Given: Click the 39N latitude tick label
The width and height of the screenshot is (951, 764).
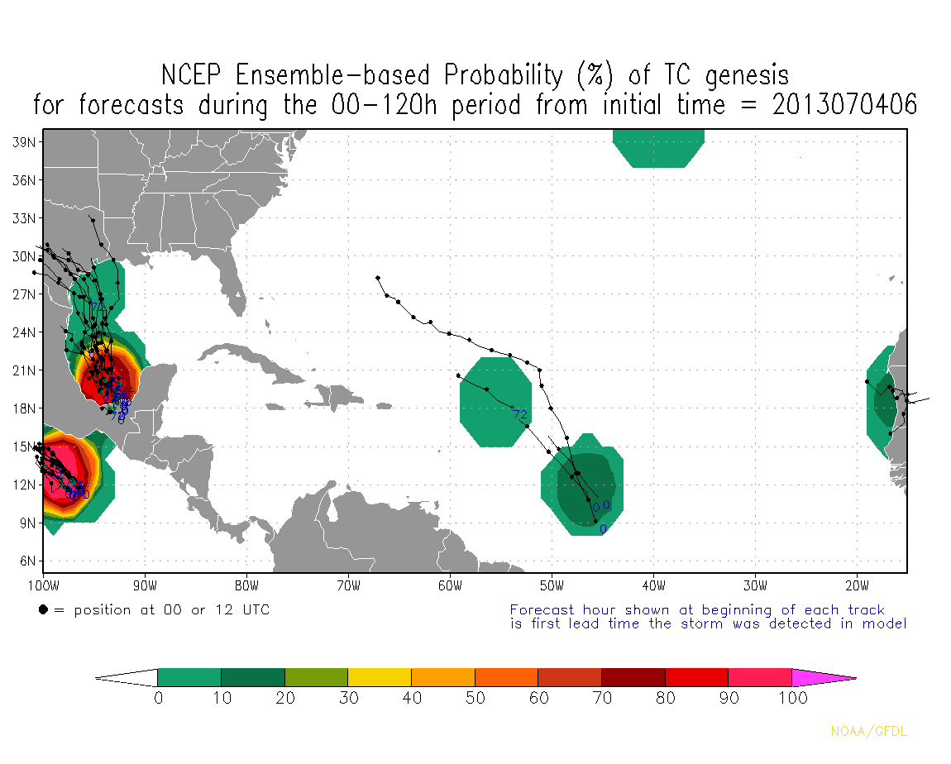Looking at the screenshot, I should coord(23,142).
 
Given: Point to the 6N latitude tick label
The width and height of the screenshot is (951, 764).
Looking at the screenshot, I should coord(26,561).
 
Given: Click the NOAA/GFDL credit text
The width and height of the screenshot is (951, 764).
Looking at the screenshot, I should coord(868,732).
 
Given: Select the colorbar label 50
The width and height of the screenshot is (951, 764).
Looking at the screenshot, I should coord(475,698).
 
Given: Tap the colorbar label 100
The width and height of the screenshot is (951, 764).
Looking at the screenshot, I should coord(791,698).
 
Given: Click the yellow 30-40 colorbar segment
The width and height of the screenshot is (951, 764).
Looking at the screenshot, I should coord(380,677).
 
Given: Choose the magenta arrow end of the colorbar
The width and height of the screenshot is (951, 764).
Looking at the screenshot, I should coord(823,677).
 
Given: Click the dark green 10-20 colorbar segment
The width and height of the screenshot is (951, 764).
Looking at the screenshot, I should coord(253,677).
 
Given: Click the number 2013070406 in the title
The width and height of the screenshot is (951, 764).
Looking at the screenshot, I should coord(845,105).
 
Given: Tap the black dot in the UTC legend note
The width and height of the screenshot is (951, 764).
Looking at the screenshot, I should coord(42,610).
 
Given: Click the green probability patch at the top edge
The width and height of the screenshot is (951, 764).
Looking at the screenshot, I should coord(658,148).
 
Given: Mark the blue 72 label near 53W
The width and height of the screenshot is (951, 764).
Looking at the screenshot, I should coord(519,414).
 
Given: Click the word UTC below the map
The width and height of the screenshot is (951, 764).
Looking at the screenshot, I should coord(254,610).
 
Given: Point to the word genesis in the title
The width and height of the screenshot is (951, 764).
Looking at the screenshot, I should coord(747,76).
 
